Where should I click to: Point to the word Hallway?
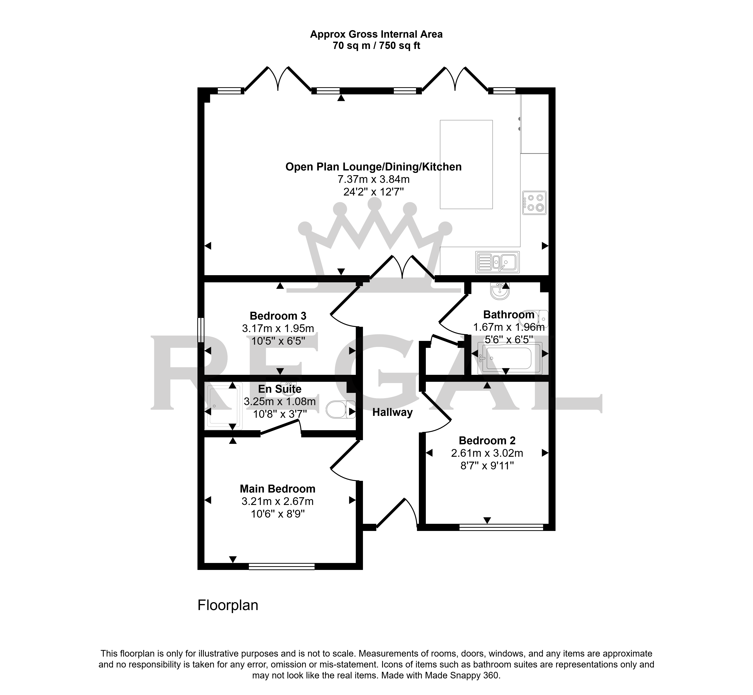pyautogui.click(x=393, y=412)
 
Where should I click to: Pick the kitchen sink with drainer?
pyautogui.click(x=497, y=262)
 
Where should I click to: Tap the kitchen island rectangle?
pyautogui.click(x=466, y=164)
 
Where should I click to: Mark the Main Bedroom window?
pyautogui.click(x=282, y=566)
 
